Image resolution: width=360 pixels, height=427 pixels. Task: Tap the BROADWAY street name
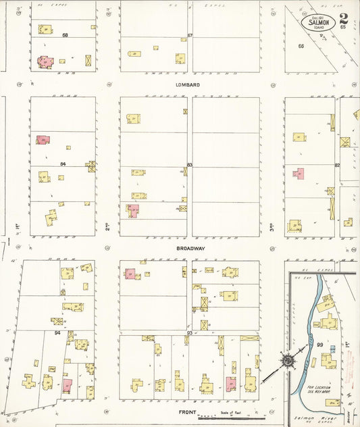[190, 249]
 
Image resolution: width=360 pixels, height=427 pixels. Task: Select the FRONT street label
[187, 411]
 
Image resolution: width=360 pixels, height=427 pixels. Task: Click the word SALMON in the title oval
[319, 22]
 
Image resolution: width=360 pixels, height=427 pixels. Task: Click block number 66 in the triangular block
[301, 46]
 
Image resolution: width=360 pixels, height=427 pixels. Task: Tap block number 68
[66, 35]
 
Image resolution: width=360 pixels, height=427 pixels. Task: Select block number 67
[190, 35]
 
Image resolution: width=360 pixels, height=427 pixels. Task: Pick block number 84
[63, 164]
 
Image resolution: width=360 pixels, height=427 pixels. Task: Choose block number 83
[190, 165]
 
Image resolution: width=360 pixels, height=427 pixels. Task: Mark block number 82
[337, 165]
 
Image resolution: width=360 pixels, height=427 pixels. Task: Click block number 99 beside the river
[319, 345]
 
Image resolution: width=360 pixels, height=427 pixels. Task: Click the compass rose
[290, 360]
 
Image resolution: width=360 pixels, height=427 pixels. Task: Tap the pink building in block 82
[299, 174]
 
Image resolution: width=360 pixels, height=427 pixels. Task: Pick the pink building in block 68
[45, 61]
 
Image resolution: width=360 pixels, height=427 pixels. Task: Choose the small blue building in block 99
[333, 349]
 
